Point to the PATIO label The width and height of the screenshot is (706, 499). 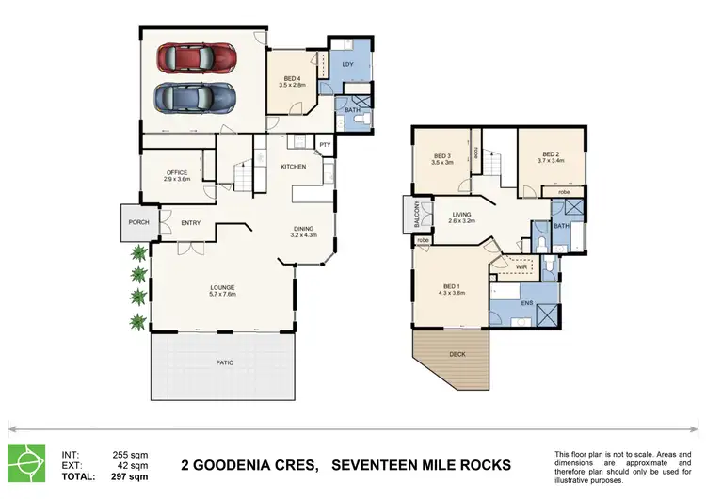point(223,362)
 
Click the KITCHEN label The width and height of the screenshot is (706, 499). point(294,167)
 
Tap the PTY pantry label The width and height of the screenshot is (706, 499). point(324,145)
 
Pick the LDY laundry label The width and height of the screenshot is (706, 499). point(347,64)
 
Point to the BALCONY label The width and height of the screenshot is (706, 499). point(411,216)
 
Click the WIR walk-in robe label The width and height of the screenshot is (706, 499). point(521,267)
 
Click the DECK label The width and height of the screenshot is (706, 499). point(457,354)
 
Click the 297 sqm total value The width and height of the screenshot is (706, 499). point(132,476)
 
